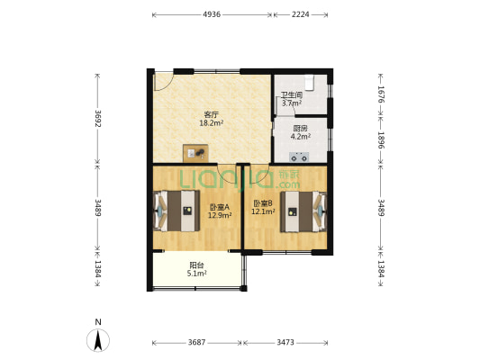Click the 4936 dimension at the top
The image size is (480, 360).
coord(212,14)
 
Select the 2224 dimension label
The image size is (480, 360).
coord(300,14)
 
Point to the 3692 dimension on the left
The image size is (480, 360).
coord(98,119)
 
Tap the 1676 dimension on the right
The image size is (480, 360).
coord(381,94)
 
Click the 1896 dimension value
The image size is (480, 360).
coord(381,140)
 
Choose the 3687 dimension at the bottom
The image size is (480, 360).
coord(196,342)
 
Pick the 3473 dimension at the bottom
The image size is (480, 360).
coord(285,342)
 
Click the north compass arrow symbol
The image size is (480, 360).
coord(98,340)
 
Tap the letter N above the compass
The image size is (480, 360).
coord(98,322)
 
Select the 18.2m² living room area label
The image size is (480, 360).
coord(212,123)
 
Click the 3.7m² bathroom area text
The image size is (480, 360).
coord(292,103)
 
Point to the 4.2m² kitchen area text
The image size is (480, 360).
coord(301,137)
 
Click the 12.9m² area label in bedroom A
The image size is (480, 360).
coord(220,215)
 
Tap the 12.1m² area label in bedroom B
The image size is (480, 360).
coord(263,211)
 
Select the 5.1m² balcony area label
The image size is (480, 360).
coord(197,273)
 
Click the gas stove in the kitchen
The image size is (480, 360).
coord(299,157)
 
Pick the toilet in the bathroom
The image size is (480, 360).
coord(310,83)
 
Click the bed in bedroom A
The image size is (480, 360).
coord(177,211)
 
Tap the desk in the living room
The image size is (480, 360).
coord(195,153)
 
